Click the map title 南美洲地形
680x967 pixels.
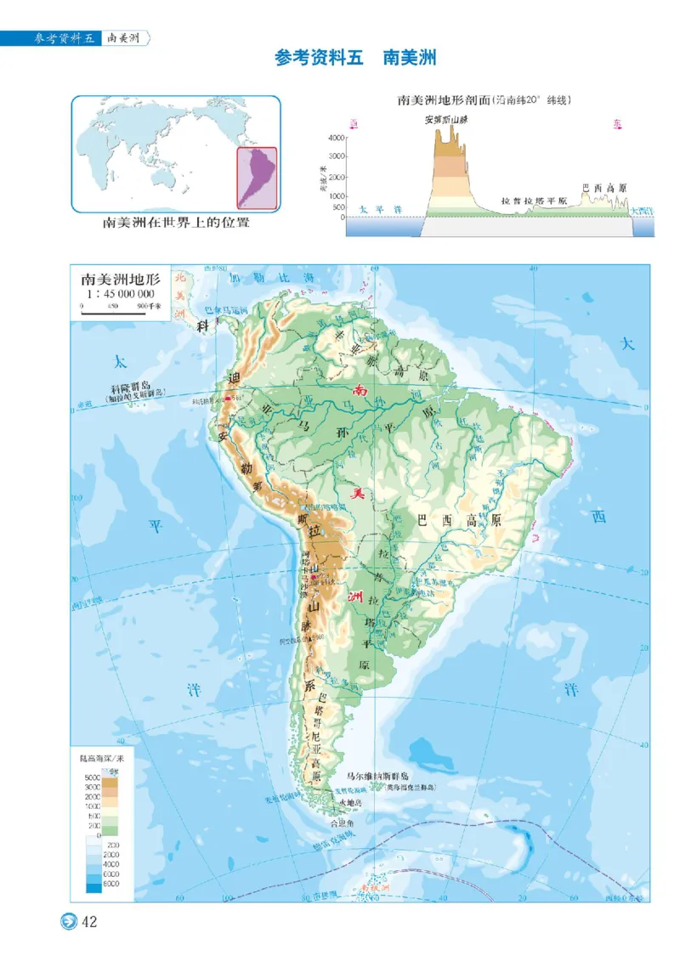119,279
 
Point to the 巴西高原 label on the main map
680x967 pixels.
460,521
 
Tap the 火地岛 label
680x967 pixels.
350,802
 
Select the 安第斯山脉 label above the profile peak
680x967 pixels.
447,120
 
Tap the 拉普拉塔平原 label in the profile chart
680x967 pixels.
534,201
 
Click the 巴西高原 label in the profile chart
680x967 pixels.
603,188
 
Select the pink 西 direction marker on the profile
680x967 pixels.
354,125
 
